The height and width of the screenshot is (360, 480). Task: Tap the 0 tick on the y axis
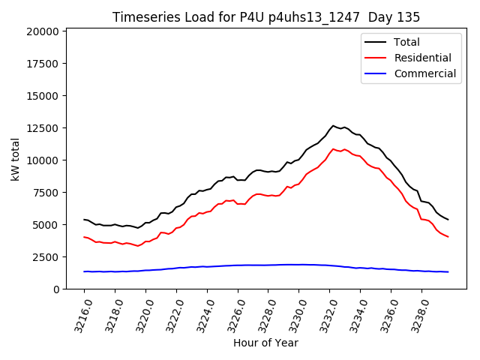point(56,289)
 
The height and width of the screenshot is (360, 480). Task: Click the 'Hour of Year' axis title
point(265,343)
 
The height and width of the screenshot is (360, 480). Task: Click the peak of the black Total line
point(334,126)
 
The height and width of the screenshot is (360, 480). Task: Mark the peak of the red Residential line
point(334,149)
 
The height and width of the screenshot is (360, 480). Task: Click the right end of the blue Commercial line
point(448,271)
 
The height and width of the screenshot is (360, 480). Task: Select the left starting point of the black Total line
point(84,220)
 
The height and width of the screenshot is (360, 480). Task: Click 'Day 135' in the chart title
point(394,17)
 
